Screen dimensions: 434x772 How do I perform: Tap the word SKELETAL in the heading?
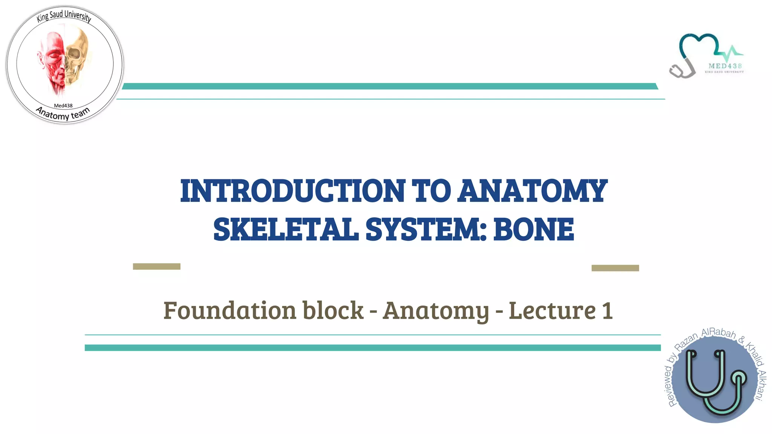(286, 229)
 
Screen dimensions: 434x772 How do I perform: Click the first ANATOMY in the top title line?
(532, 191)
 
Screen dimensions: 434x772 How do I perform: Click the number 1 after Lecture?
(607, 310)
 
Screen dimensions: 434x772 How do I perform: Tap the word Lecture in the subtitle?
(552, 310)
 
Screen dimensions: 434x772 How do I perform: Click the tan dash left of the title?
(156, 266)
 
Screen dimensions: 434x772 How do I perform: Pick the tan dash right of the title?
(615, 268)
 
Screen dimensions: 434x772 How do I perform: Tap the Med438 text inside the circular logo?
(63, 106)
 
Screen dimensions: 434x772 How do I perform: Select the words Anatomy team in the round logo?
(63, 114)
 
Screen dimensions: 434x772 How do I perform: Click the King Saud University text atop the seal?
(64, 16)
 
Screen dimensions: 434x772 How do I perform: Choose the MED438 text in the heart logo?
(725, 66)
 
